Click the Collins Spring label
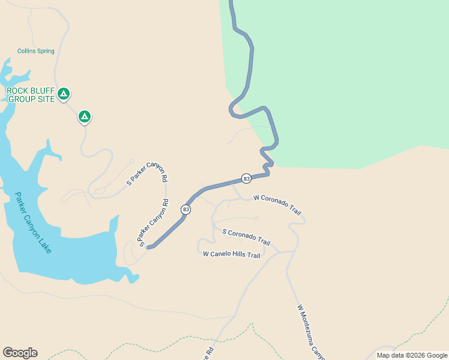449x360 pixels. (x=36, y=52)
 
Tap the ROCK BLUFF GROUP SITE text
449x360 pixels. (x=30, y=95)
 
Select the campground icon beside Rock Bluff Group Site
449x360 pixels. (x=64, y=94)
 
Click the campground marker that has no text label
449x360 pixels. (x=85, y=116)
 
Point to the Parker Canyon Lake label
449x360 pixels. (x=34, y=222)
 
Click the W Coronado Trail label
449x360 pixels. (x=277, y=205)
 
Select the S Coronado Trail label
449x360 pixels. (x=246, y=236)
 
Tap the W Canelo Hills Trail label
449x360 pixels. (x=232, y=255)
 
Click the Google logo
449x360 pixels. (x=20, y=353)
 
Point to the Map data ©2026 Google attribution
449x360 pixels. (x=412, y=355)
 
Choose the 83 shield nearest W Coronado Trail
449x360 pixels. (x=246, y=179)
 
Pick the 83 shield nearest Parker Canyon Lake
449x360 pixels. (x=186, y=209)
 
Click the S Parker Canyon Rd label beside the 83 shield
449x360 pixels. (x=154, y=223)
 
